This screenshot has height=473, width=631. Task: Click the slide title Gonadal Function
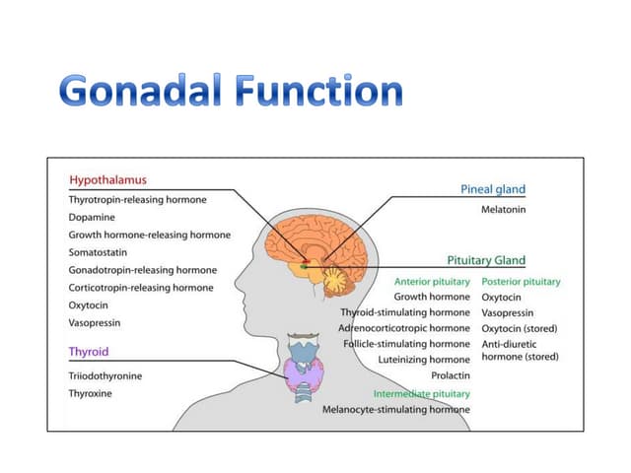[x=231, y=91]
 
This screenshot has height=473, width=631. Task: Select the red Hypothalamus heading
[x=107, y=179]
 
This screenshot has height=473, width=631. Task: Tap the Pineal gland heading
[x=493, y=189]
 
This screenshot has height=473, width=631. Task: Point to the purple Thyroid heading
[x=89, y=352]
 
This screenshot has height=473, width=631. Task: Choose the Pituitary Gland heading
[x=486, y=260]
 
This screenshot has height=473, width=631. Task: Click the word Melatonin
[x=504, y=210]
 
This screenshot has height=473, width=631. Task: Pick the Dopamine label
[x=92, y=217]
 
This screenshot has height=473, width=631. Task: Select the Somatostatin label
[x=98, y=252]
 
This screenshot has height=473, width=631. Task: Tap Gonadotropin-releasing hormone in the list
[x=143, y=270]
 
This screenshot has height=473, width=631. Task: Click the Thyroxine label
[x=90, y=393]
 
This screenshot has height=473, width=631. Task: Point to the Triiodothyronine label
[x=105, y=376]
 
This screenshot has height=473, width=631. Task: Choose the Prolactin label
[x=451, y=375]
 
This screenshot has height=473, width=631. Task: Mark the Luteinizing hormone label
[x=424, y=360]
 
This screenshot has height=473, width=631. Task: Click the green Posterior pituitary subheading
[x=521, y=282]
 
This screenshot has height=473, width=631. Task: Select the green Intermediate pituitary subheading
[x=421, y=394]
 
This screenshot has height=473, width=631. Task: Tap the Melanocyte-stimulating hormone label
[x=396, y=410]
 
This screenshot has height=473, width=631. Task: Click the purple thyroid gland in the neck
[x=305, y=375]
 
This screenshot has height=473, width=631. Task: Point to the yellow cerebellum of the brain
[x=336, y=280]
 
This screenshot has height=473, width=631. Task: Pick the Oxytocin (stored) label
[x=520, y=328]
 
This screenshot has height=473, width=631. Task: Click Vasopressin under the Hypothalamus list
[x=95, y=323]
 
